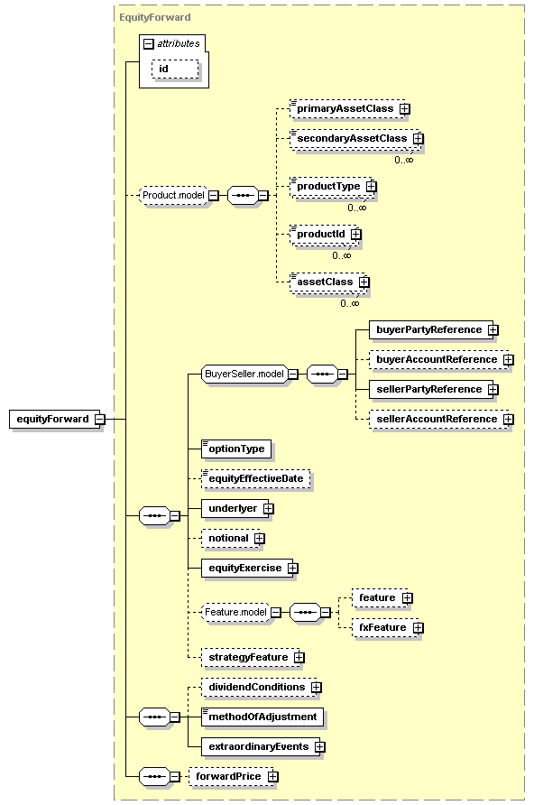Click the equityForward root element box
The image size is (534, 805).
54,419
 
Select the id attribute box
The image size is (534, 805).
175,69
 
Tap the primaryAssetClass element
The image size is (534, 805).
347,109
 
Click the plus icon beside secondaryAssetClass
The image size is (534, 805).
419,139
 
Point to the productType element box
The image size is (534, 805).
331,187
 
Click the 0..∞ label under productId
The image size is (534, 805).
342,255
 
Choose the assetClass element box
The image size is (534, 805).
327,282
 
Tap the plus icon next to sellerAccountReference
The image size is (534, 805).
509,420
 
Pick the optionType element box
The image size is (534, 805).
236,449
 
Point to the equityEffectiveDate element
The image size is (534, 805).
256,478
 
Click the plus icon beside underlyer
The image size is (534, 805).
269,509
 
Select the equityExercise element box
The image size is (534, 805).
247,568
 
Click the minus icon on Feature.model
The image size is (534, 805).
276,613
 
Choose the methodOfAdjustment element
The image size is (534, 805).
262,717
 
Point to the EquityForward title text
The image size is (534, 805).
155,17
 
